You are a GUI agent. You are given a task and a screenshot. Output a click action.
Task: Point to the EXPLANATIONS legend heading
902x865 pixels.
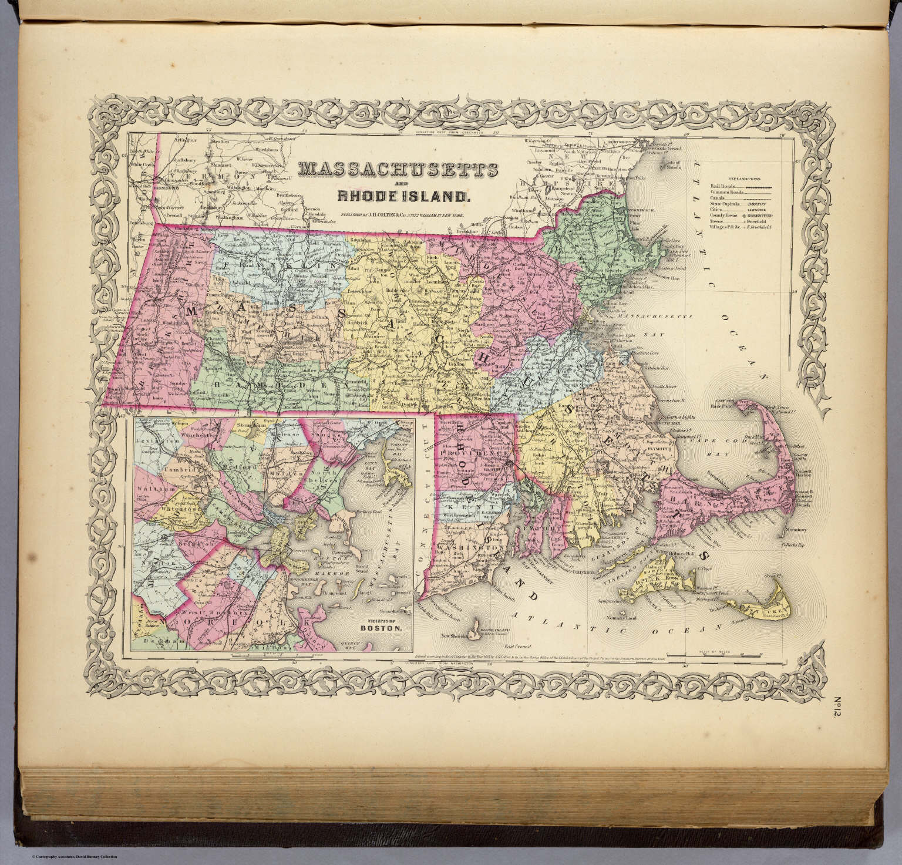click(x=743, y=177)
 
